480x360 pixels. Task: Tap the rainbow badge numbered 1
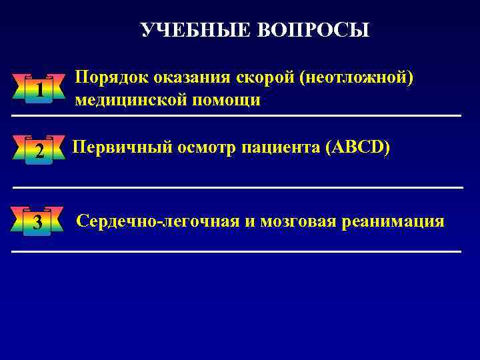point(39,89)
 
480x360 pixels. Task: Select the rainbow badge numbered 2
point(39,151)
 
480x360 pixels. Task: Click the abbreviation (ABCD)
point(358,148)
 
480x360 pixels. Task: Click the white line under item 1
point(237,116)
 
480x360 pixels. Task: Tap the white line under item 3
point(237,251)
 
